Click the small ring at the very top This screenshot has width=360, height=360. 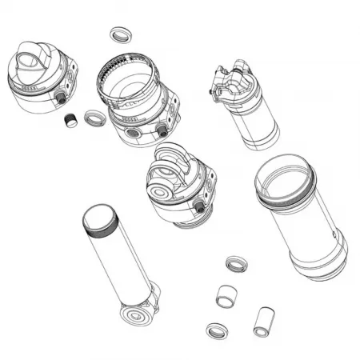coord(120,34)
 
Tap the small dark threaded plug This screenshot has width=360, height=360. coord(70,120)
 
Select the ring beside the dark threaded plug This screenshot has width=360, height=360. coord(94,118)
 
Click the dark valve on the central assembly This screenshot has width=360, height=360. coord(198,207)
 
